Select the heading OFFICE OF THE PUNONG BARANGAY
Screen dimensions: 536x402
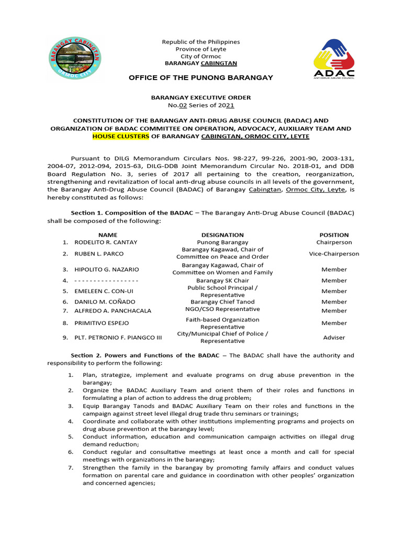coord(201,77)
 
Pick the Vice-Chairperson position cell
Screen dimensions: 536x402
coord(334,253)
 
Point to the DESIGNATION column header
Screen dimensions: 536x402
coord(222,235)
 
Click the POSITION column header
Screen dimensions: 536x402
coord(334,235)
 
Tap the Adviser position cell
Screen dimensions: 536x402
coord(334,338)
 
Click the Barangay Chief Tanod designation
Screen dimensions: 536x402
coord(222,301)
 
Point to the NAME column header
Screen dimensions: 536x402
coord(108,235)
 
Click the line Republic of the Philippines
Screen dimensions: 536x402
coord(201,42)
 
